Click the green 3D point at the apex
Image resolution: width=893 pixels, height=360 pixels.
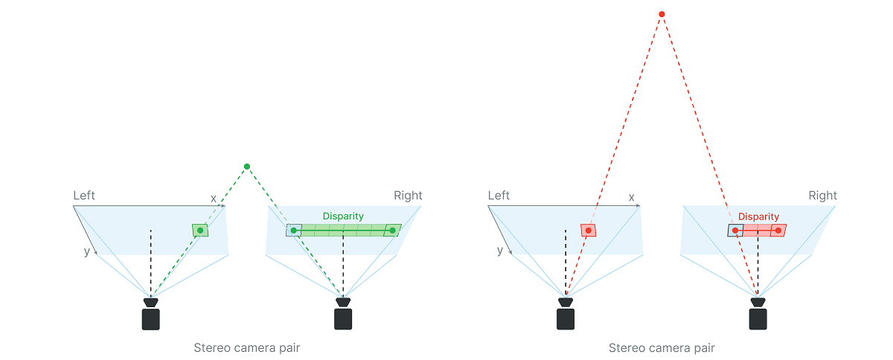click(247, 167)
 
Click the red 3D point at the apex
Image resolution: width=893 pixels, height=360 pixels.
click(662, 14)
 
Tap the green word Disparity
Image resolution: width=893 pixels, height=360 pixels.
click(343, 216)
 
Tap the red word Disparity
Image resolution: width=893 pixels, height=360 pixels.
click(758, 216)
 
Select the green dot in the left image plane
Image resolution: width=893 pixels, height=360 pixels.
click(200, 231)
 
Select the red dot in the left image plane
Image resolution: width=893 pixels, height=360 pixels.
click(589, 231)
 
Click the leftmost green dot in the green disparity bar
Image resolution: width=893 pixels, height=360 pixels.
click(294, 231)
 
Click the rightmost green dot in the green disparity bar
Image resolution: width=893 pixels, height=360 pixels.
click(392, 231)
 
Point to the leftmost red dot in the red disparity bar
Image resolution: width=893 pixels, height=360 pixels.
click(735, 231)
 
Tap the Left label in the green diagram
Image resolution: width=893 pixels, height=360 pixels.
click(84, 196)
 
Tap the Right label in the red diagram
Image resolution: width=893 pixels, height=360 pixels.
click(823, 196)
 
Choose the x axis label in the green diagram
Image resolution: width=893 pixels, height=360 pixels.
click(214, 198)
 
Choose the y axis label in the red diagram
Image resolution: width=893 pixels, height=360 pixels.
click(500, 251)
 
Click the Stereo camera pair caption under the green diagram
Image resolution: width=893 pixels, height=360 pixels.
click(247, 347)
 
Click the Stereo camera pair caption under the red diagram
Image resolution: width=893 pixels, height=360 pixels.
click(662, 347)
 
